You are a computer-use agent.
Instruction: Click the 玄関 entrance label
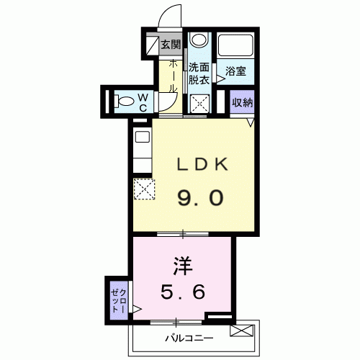click(x=171, y=45)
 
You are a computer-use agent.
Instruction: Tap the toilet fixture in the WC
click(x=124, y=101)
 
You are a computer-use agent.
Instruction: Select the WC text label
click(x=143, y=103)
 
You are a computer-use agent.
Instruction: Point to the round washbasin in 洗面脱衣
click(x=199, y=39)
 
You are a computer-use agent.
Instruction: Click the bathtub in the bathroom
click(x=235, y=45)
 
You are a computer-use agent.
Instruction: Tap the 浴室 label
click(x=235, y=71)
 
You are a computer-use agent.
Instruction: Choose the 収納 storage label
click(x=243, y=103)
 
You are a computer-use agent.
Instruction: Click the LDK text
click(x=202, y=164)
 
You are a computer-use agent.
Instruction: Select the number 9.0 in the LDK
click(x=200, y=197)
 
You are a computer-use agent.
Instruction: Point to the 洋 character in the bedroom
click(x=183, y=266)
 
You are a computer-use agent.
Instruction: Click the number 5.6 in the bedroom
click(x=183, y=292)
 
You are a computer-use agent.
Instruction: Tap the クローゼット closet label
click(x=119, y=301)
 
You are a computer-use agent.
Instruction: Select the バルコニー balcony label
click(x=189, y=338)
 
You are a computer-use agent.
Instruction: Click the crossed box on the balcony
click(x=242, y=330)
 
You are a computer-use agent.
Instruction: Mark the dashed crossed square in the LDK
click(x=144, y=189)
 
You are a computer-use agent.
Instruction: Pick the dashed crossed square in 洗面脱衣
click(x=200, y=104)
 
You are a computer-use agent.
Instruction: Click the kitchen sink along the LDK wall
click(x=143, y=138)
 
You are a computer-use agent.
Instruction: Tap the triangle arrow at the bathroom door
click(x=221, y=78)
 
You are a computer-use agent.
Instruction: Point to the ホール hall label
click(x=173, y=76)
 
